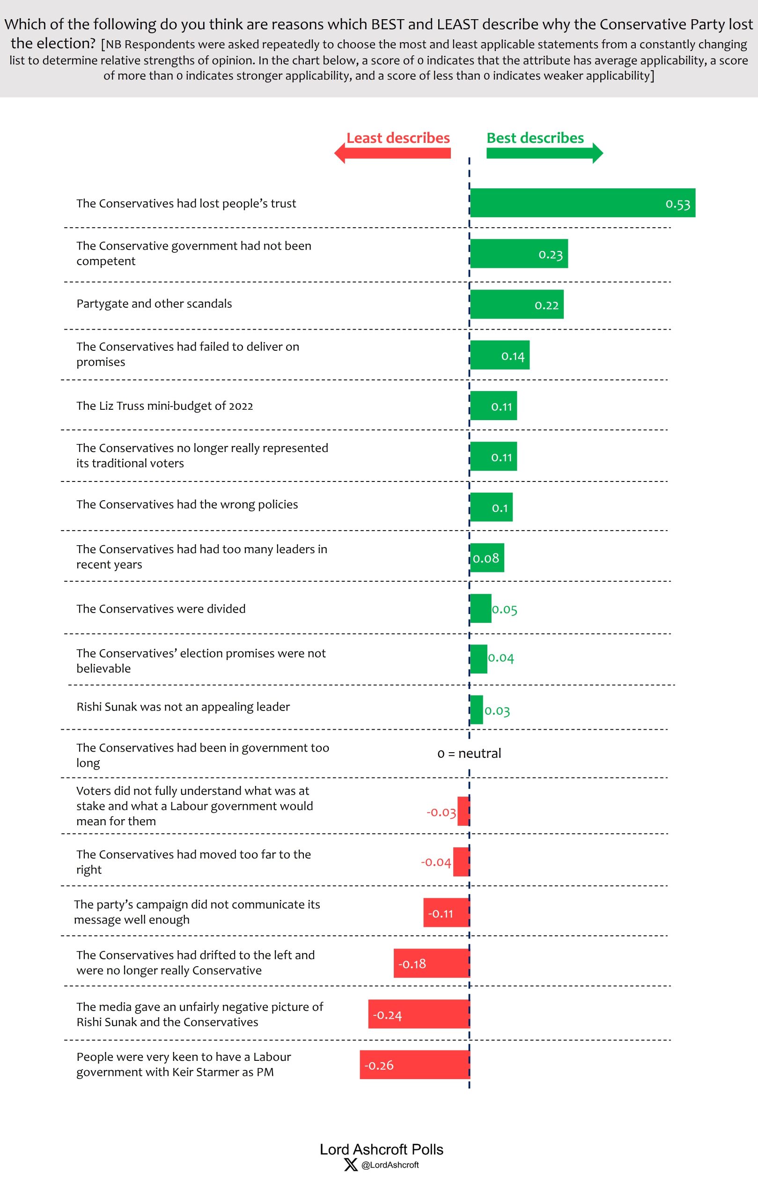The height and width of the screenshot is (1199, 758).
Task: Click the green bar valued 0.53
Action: [x=582, y=203]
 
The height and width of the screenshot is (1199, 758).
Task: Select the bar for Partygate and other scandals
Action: [x=516, y=304]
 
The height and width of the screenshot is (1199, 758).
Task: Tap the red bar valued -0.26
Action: [x=415, y=1065]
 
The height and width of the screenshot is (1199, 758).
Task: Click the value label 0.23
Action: [x=551, y=255]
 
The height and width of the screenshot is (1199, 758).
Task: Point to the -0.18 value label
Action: [x=412, y=964]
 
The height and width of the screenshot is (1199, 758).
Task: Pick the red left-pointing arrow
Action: [x=392, y=153]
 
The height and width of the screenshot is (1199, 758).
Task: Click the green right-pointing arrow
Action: [x=545, y=153]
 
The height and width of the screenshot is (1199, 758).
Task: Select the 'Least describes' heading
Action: [x=397, y=138]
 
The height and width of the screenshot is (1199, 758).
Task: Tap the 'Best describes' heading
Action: [x=535, y=138]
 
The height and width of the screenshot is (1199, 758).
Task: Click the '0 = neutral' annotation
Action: [x=469, y=754]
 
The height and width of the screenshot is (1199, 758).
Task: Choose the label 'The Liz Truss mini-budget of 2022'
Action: [x=165, y=406]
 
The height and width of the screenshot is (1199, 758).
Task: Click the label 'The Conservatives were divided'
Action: [x=161, y=609]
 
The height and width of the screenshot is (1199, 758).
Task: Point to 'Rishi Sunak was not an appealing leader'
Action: [x=183, y=707]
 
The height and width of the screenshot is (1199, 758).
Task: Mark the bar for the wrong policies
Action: [x=491, y=507]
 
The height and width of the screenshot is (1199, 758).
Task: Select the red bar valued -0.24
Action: [x=419, y=1014]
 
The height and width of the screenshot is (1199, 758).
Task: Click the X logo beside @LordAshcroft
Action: [x=351, y=1165]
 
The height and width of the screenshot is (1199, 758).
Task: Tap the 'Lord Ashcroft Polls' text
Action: [x=381, y=1149]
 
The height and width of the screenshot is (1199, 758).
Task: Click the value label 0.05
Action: [x=505, y=609]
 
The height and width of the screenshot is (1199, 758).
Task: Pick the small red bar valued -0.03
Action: [x=464, y=811]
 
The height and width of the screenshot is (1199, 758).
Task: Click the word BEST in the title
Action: [x=388, y=24]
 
